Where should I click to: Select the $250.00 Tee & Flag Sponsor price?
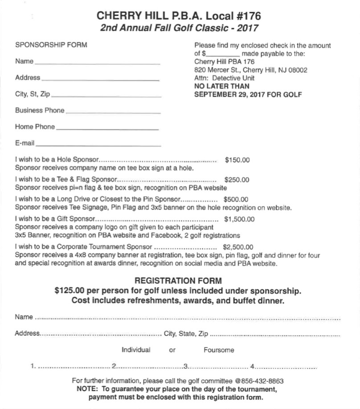click(x=237, y=180)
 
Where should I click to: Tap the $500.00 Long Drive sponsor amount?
click(x=236, y=200)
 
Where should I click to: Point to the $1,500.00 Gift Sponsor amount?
click(x=239, y=219)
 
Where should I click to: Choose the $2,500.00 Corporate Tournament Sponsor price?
click(x=238, y=247)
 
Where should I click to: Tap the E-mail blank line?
click(x=98, y=145)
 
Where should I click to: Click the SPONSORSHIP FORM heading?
click(x=51, y=45)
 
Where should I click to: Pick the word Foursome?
click(x=219, y=350)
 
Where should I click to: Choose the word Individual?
click(x=136, y=350)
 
